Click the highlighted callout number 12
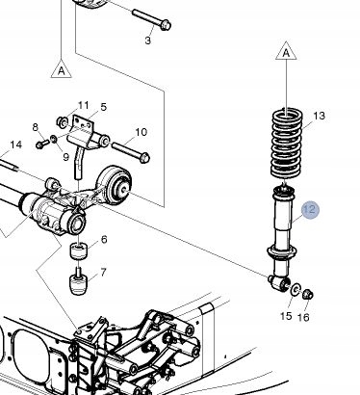click(310, 210)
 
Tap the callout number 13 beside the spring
click(319, 116)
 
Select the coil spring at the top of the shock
click(288, 144)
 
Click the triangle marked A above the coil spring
click(286, 51)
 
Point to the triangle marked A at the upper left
click(62, 69)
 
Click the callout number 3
click(147, 40)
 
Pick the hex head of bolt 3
click(166, 25)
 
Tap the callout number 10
click(141, 132)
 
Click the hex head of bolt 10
click(145, 158)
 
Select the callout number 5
click(103, 107)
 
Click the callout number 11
click(83, 105)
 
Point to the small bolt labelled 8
click(42, 144)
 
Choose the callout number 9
click(65, 157)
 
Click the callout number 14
click(16, 145)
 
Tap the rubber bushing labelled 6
click(79, 250)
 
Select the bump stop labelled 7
click(78, 281)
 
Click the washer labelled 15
click(296, 289)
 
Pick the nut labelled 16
click(308, 294)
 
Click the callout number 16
click(303, 317)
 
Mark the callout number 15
click(286, 316)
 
